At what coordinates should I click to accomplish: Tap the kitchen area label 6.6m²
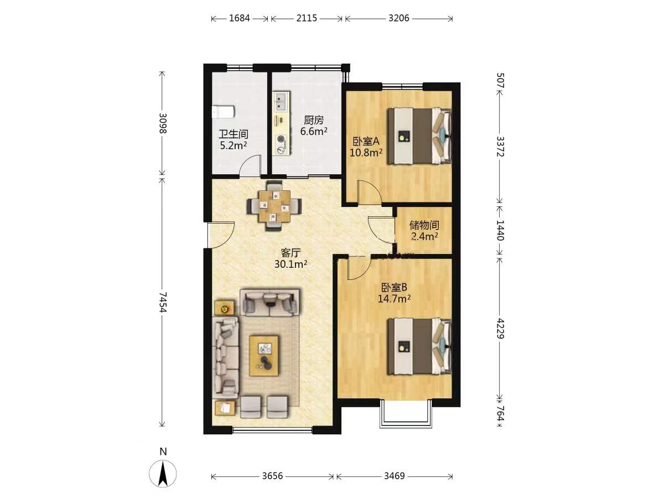coord(314,131)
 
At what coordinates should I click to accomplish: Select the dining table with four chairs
coord(274,206)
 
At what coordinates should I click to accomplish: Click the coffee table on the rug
coord(264,356)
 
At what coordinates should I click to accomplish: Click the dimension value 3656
coord(272,476)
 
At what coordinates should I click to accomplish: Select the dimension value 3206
coord(399,18)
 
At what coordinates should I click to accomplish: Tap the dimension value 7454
coord(163,302)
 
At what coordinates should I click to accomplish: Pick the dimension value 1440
coord(500,230)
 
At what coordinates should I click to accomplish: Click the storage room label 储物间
coord(424,225)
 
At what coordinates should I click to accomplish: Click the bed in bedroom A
coord(419,136)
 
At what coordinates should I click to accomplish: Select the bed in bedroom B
coord(419,346)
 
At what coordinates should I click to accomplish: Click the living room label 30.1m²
coord(290,264)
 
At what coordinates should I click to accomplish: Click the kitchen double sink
coord(281,102)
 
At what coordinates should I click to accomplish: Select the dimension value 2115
coord(307,18)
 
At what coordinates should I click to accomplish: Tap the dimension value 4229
coord(500,328)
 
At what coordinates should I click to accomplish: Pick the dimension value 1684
coord(239,18)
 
